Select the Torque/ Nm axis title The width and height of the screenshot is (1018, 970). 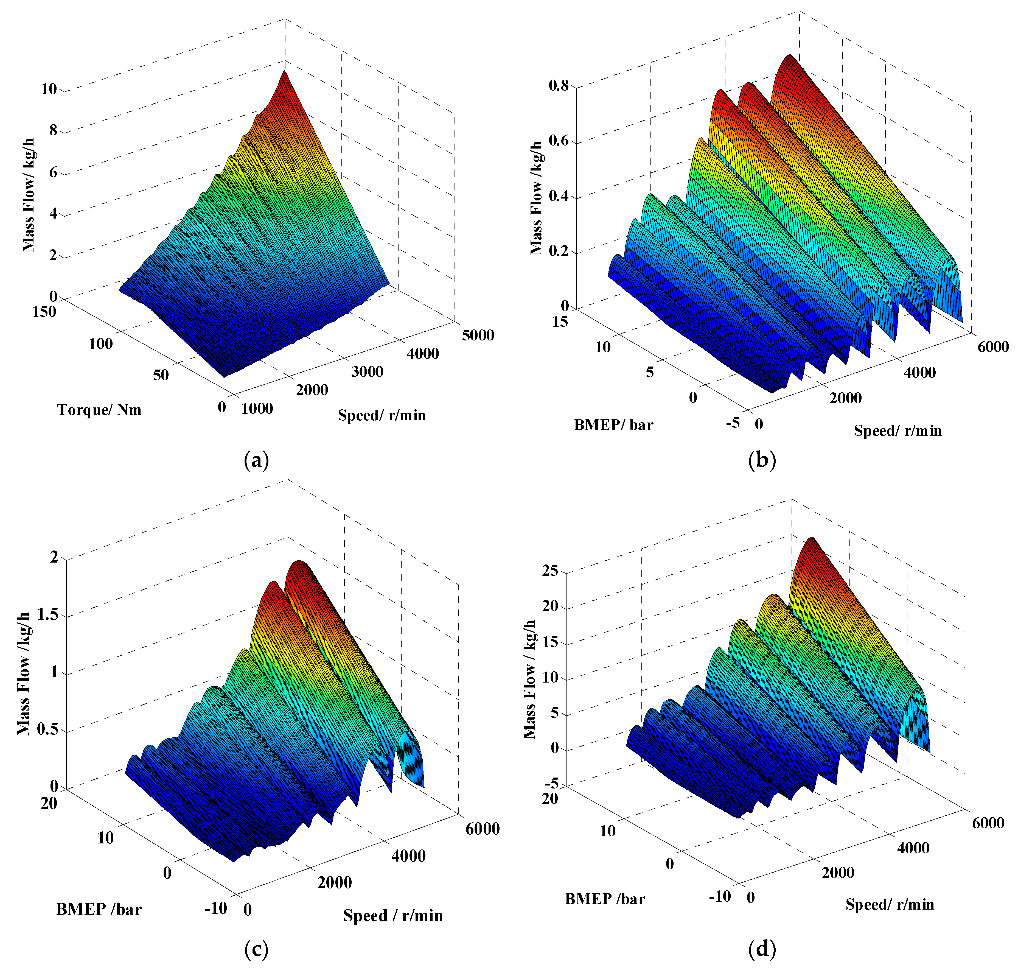[x=99, y=410]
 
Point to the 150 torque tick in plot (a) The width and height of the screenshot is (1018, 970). [x=44, y=312]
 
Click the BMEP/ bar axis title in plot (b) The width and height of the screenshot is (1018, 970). [x=613, y=425]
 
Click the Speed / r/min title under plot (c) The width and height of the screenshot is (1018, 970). [x=393, y=916]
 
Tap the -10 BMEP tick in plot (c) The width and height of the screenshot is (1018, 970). [x=216, y=908]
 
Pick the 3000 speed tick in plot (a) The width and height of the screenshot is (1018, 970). [x=367, y=372]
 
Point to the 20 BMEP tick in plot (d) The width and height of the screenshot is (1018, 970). [x=550, y=798]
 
